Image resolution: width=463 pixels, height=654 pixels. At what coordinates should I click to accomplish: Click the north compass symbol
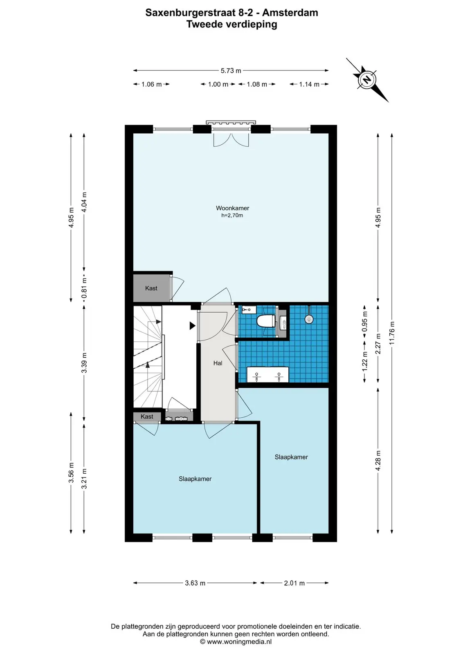click(367, 79)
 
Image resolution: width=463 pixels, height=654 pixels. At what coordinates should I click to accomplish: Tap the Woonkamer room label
click(232, 208)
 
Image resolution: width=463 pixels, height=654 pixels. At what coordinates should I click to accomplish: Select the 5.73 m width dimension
click(231, 70)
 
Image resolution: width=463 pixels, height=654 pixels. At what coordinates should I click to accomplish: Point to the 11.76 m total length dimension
click(392, 333)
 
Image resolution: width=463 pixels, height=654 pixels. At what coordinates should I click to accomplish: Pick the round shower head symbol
click(309, 319)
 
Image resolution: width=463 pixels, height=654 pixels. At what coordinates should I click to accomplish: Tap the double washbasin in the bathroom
click(267, 374)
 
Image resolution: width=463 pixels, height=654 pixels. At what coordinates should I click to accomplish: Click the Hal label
click(218, 363)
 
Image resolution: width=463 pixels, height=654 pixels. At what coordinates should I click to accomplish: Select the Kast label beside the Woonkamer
click(151, 288)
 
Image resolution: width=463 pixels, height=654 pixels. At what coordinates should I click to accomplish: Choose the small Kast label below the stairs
click(147, 417)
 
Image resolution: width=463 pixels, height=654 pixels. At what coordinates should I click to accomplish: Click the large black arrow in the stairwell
click(193, 325)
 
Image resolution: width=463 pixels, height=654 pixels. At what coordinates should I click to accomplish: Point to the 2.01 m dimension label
click(294, 583)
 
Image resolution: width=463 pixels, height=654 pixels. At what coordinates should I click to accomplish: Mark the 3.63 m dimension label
click(195, 583)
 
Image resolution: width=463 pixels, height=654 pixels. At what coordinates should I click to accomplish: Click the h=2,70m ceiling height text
click(232, 215)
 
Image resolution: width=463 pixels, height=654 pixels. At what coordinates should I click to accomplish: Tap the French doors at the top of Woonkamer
click(231, 139)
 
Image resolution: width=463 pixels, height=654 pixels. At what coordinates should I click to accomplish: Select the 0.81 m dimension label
click(84, 288)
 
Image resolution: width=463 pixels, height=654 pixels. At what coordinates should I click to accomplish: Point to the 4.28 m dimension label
click(378, 460)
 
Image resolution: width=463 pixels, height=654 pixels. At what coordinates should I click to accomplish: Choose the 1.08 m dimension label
click(257, 84)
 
